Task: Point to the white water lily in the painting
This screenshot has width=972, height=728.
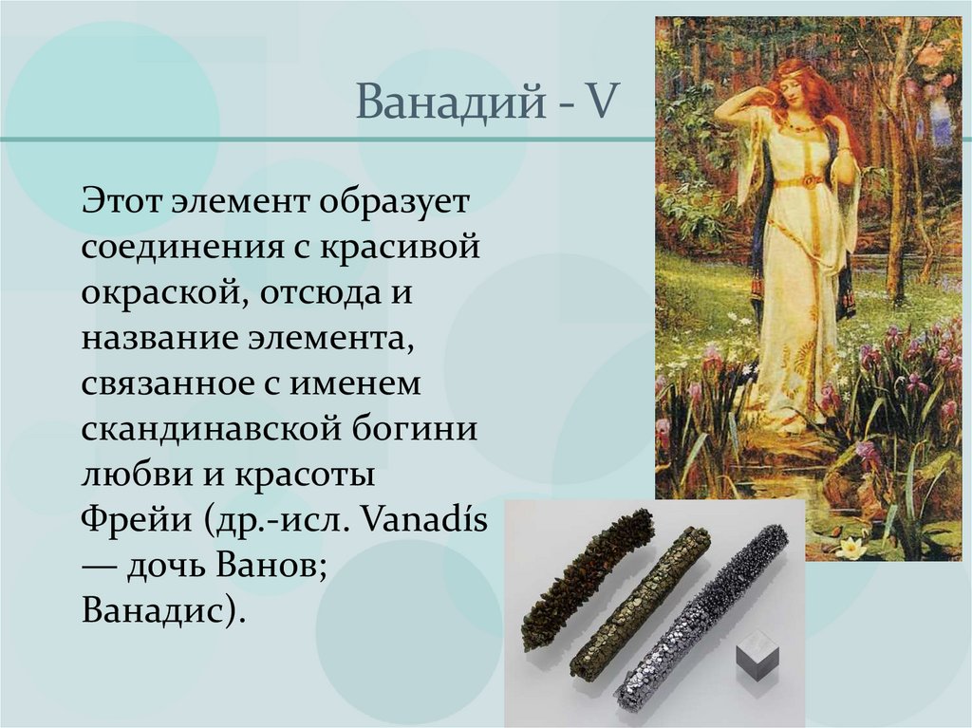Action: coord(851,548)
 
